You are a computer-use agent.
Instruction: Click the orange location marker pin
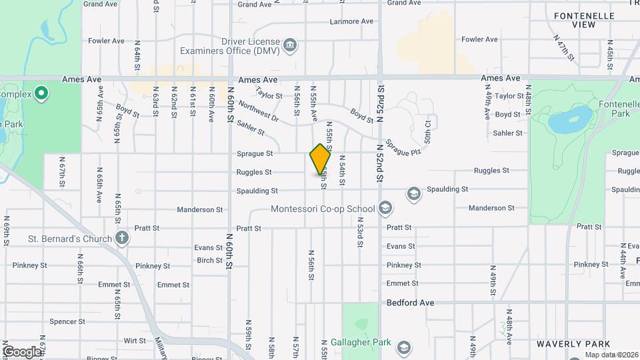(x=321, y=159)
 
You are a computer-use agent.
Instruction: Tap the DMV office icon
(x=290, y=45)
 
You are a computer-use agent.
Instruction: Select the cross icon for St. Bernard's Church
(x=122, y=237)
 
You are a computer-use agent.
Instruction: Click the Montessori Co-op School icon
(x=385, y=209)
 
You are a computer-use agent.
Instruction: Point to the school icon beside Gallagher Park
(x=403, y=347)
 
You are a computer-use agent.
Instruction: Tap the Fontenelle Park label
(x=614, y=109)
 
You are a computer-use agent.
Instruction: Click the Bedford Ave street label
(x=411, y=303)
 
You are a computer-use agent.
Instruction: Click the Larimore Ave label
(x=351, y=21)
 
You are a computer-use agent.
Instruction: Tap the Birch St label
(x=209, y=261)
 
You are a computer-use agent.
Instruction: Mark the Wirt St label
(x=135, y=340)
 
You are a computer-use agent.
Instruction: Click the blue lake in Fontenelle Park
(x=563, y=122)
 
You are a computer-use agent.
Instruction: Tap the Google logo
(x=22, y=351)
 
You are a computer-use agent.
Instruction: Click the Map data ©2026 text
(x=611, y=355)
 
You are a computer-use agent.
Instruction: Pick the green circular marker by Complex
(x=41, y=93)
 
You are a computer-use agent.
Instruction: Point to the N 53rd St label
(x=359, y=232)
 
